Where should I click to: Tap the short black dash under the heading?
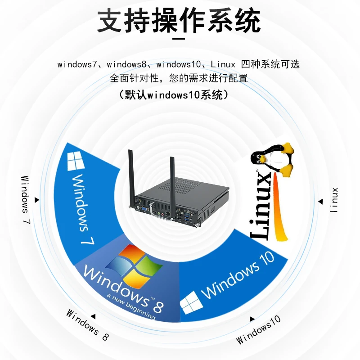(179, 39)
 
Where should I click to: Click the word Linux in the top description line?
(223, 64)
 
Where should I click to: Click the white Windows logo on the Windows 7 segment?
(76, 161)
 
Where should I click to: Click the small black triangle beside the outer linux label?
(321, 201)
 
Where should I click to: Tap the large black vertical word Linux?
(261, 205)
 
